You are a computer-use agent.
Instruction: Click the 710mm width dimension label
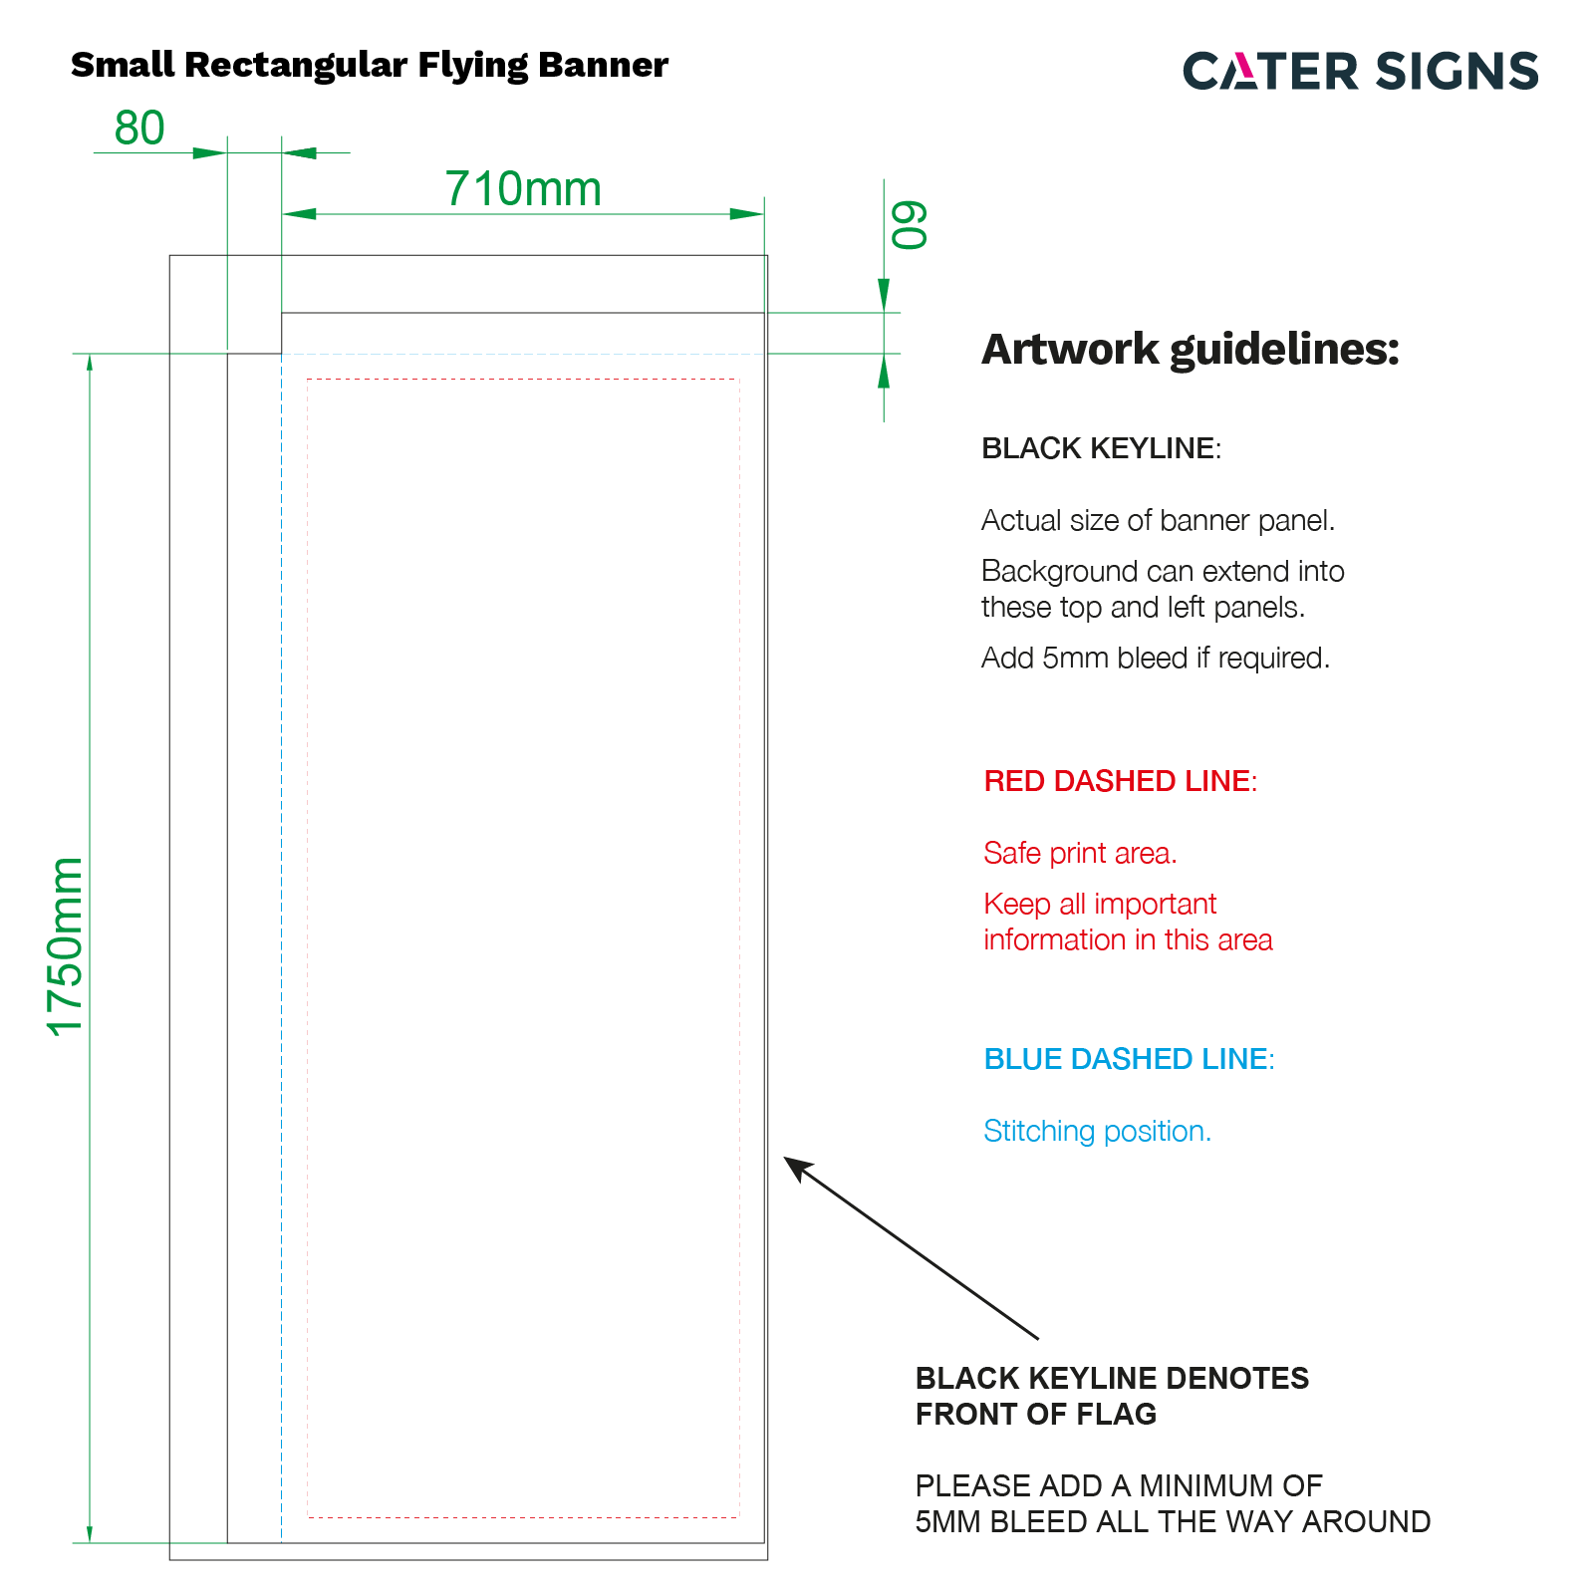point(523,188)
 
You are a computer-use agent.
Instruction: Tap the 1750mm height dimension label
point(67,946)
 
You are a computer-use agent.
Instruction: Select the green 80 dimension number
point(139,129)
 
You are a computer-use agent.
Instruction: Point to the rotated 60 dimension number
point(909,225)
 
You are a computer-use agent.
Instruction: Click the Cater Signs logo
point(1361,71)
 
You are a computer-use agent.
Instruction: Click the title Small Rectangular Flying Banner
point(370,65)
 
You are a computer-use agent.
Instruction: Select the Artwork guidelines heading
point(1191,349)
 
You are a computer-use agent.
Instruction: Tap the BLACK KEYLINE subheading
point(1101,448)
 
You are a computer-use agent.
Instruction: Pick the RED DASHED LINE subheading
point(1121,781)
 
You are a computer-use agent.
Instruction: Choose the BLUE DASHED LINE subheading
point(1130,1059)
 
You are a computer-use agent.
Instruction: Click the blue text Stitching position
point(1097,1132)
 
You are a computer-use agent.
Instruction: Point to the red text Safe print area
point(1080,854)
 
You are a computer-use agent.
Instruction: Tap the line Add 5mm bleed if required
point(1156,659)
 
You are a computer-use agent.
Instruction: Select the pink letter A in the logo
point(1247,71)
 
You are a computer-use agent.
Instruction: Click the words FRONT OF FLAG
point(1036,1415)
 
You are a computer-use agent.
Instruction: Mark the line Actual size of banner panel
point(1158,521)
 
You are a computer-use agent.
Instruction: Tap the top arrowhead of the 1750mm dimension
point(90,364)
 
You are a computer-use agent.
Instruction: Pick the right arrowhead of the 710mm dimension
point(747,214)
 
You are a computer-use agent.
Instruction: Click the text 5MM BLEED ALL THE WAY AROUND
point(1173,1522)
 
